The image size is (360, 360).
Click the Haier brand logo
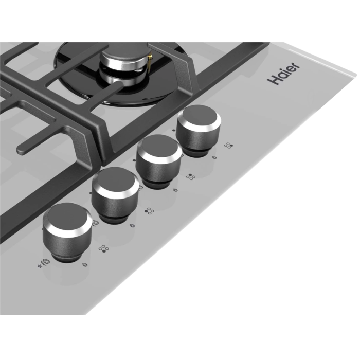click(283, 73)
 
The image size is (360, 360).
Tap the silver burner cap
click(124, 59)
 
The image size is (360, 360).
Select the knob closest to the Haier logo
click(199, 130)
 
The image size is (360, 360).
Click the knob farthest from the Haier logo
click(67, 232)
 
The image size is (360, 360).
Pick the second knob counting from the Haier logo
click(158, 160)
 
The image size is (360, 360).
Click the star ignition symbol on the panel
click(40, 266)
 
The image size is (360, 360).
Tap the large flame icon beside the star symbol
click(46, 262)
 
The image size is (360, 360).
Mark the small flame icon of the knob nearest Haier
click(214, 158)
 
